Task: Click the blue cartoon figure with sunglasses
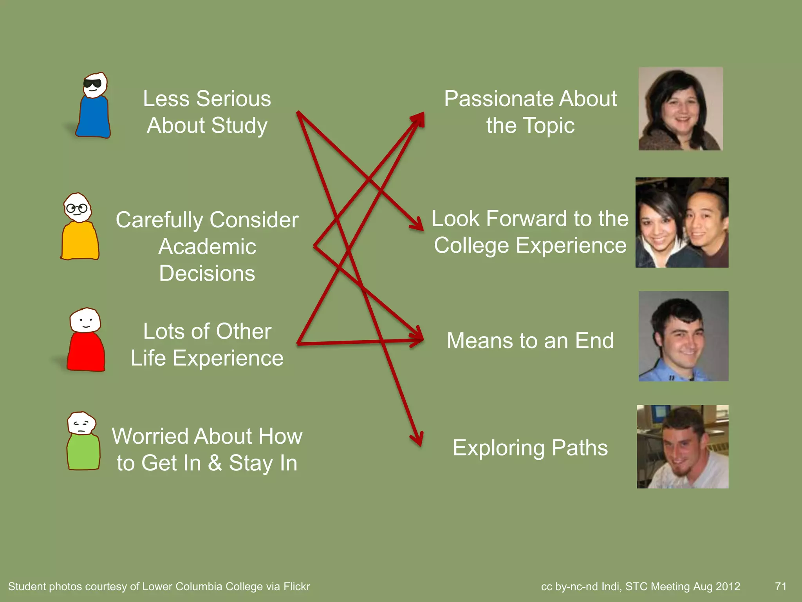93,106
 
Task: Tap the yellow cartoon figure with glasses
79,227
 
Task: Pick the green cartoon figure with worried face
83,441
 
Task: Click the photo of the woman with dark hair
680,109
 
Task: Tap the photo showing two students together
682,222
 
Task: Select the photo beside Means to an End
683,336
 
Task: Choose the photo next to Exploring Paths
683,446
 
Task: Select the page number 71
780,586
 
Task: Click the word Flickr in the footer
296,586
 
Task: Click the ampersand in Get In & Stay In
215,463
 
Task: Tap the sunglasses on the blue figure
93,83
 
